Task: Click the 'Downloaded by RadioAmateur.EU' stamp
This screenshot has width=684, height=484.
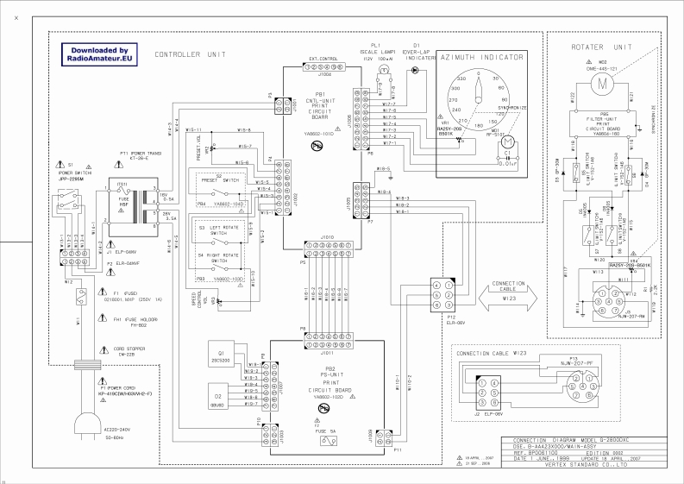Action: [x=99, y=55]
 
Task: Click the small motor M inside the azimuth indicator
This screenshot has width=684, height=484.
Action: [x=508, y=141]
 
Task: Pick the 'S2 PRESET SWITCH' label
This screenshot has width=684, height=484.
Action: [x=218, y=179]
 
